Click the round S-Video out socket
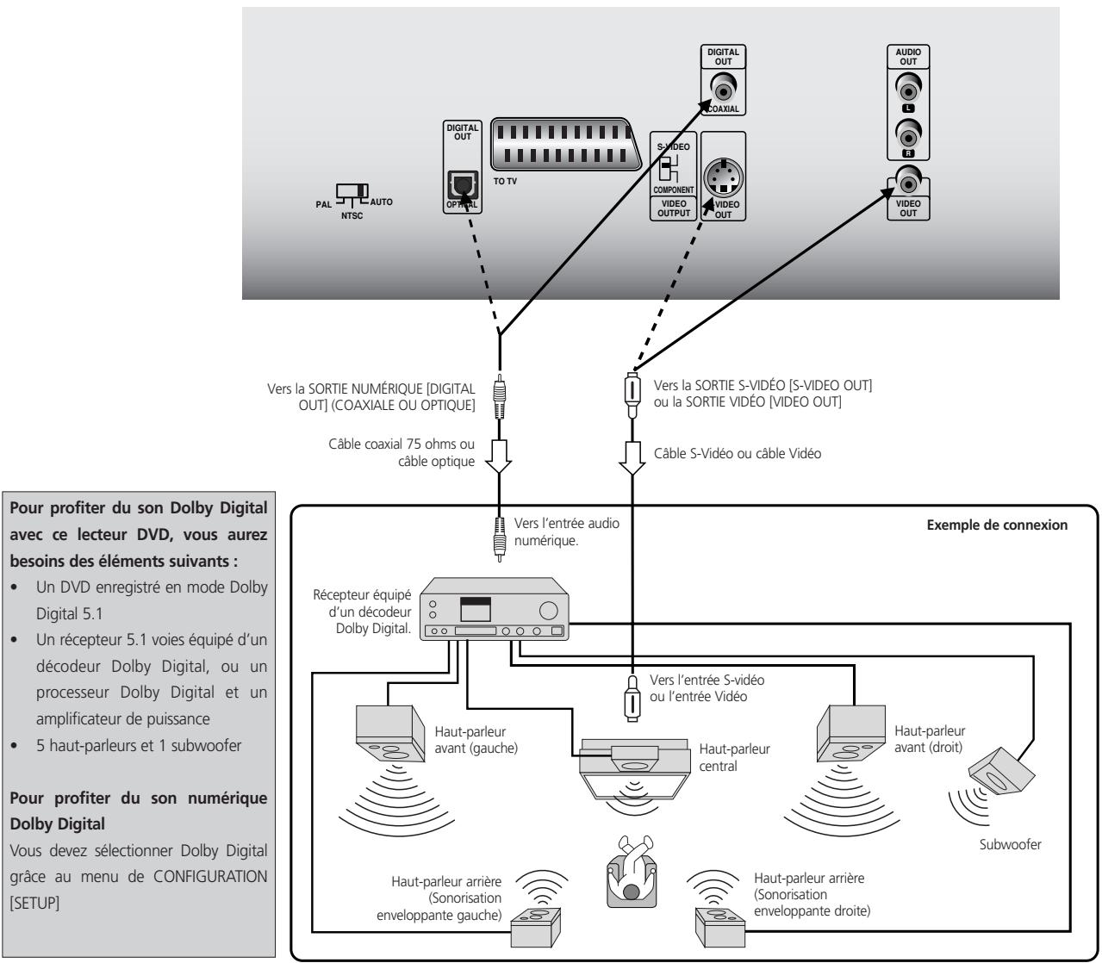tap(723, 180)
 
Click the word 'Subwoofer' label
tap(1012, 845)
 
